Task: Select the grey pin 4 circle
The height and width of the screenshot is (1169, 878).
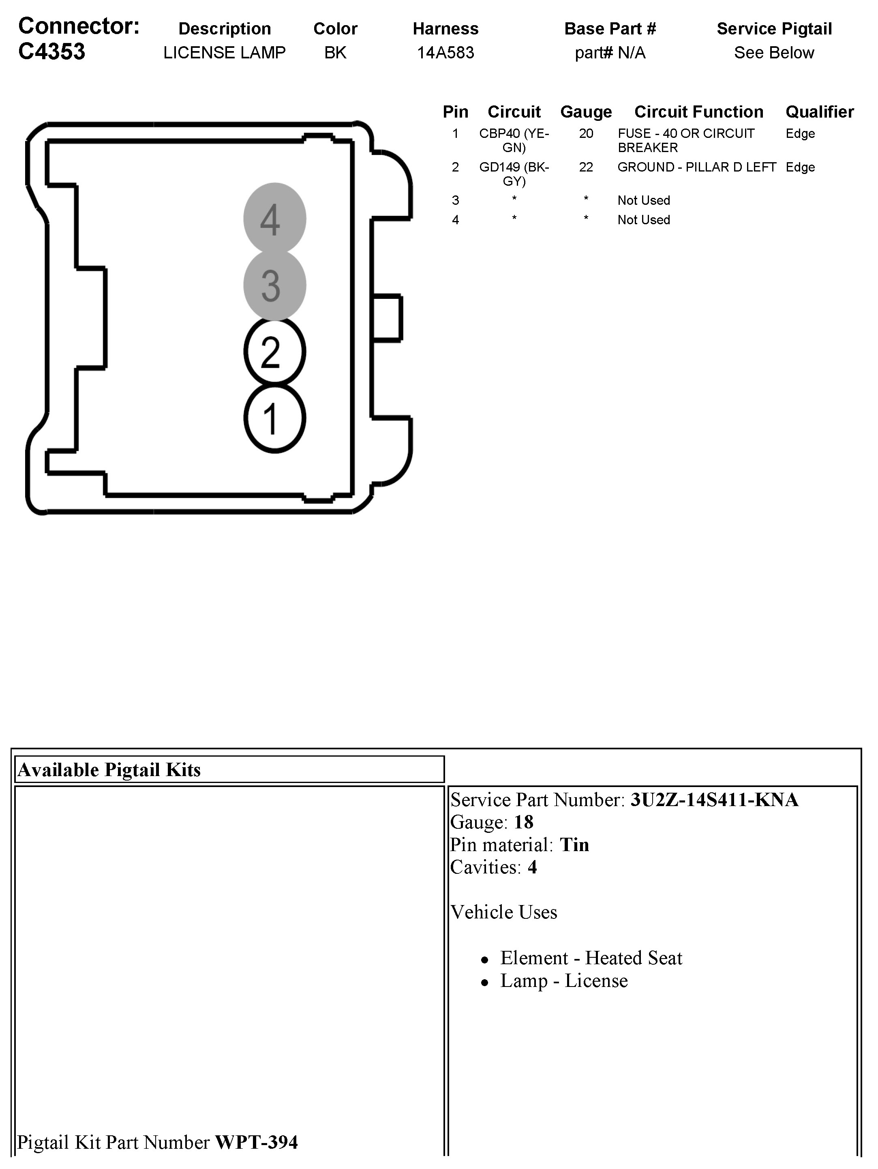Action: (274, 218)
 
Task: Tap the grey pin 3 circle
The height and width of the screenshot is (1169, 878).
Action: (274, 285)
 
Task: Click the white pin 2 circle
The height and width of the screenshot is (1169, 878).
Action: (274, 352)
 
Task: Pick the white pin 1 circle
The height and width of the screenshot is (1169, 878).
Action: (274, 418)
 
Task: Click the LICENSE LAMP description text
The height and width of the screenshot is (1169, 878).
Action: (224, 52)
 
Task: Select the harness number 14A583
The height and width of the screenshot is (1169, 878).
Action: (445, 52)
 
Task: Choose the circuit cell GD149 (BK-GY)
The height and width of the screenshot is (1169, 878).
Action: (514, 174)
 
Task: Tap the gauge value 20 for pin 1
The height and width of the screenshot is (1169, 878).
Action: (585, 134)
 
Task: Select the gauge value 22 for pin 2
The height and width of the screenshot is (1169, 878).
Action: (585, 167)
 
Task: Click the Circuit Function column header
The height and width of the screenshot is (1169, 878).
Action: (698, 112)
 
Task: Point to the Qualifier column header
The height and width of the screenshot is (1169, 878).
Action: (819, 112)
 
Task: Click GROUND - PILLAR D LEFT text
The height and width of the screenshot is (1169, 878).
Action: (696, 167)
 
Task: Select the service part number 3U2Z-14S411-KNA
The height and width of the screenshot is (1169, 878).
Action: (714, 800)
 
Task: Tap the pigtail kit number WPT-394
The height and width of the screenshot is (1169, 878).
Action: (256, 1142)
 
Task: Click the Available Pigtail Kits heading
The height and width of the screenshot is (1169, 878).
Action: (109, 770)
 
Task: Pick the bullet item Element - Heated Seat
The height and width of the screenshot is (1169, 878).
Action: (591, 958)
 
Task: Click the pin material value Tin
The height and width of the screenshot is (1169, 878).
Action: (574, 845)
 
